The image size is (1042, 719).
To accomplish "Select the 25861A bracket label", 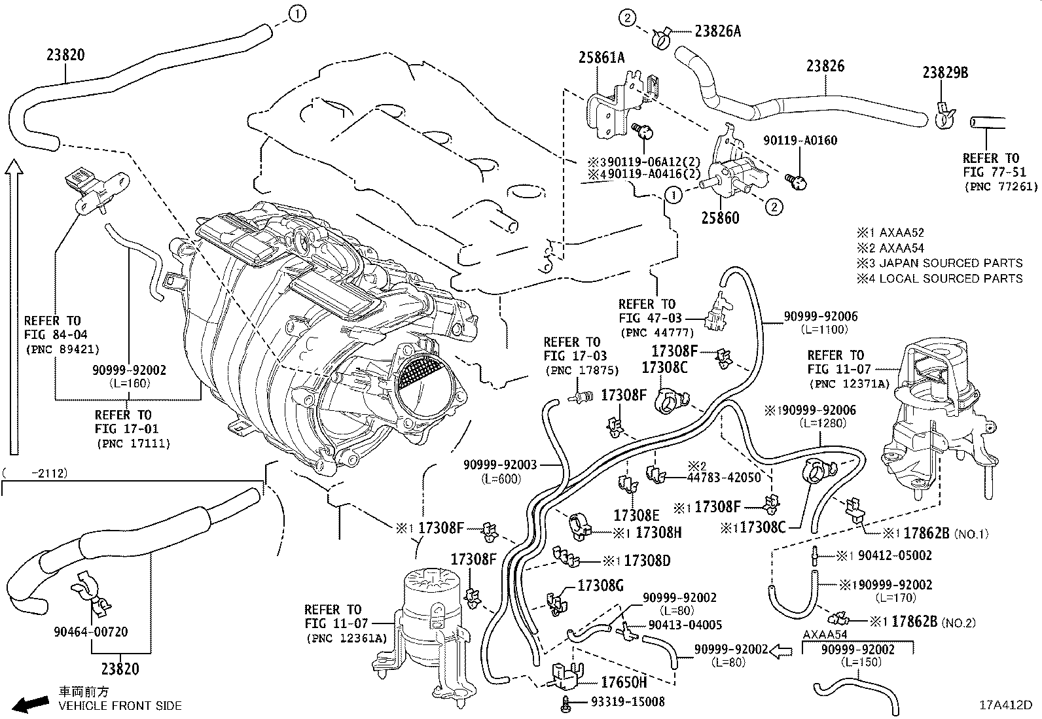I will (x=601, y=58).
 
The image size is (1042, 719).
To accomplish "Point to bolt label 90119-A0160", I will (x=800, y=140).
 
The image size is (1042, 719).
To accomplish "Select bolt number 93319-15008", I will (x=627, y=701).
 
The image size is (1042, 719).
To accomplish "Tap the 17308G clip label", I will (x=600, y=586).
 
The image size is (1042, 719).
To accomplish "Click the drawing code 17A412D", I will (x=1005, y=705).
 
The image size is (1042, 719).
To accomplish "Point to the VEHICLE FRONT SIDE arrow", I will (x=32, y=704).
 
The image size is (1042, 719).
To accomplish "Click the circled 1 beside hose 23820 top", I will (x=296, y=13).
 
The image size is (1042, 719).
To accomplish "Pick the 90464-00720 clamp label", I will (x=92, y=632).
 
